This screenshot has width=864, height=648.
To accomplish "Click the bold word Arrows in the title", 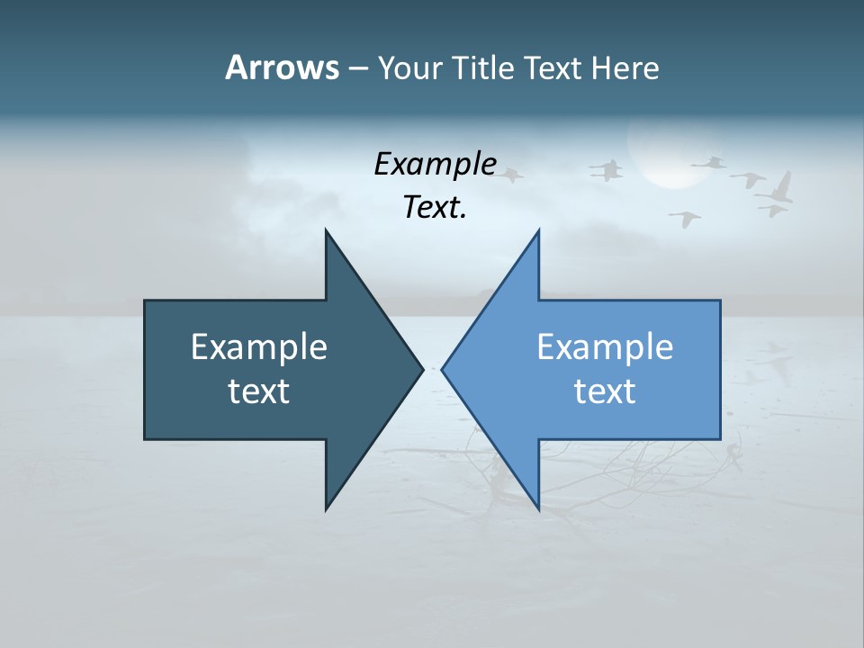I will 282,67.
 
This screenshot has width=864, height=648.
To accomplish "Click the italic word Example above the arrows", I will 435,165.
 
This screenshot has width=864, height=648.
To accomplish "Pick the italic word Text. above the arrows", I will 435,208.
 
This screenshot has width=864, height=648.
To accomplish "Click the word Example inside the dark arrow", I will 259,347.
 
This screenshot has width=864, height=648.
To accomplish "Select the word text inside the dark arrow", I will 259,391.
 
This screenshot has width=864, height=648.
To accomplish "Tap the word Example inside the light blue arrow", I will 605,347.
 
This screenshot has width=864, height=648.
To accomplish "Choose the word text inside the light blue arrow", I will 605,391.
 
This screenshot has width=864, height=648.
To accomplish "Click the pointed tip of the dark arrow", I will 422,368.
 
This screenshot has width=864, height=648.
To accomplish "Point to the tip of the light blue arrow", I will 443,368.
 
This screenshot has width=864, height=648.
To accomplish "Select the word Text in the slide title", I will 553,67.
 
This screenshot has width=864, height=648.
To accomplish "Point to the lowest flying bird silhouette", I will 685,218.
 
